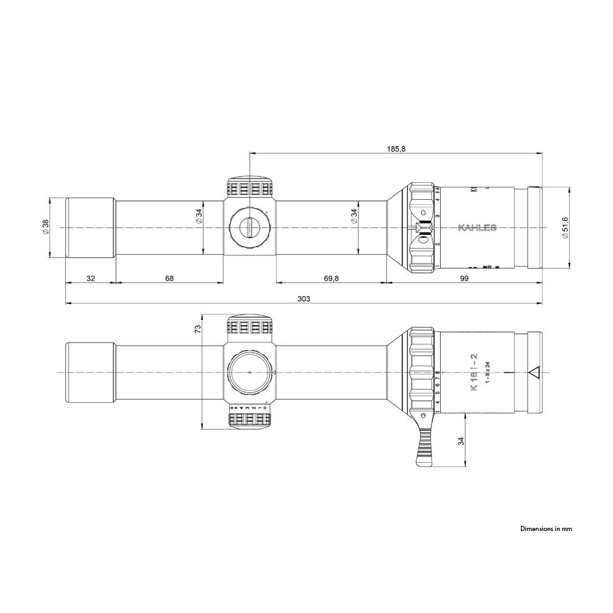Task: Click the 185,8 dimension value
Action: point(396,148)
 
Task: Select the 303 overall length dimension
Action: point(304,299)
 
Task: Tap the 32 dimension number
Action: point(90,278)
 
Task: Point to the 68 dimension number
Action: point(169,278)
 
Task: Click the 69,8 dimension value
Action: point(329,278)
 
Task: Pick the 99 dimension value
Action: point(464,278)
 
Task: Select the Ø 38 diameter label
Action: point(45,227)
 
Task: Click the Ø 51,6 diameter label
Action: point(565,227)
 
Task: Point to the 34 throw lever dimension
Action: point(461,441)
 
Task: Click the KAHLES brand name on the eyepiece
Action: point(477,227)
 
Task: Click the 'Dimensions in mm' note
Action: point(546,528)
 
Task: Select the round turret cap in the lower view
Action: point(249,373)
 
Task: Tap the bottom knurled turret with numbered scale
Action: point(249,416)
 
